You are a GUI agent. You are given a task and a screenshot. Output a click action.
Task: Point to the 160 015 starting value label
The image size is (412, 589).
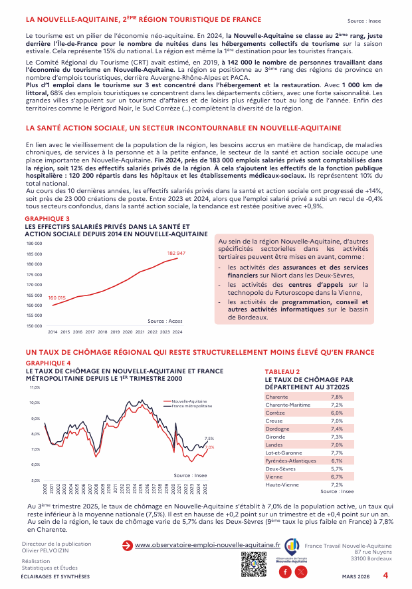point(57,297)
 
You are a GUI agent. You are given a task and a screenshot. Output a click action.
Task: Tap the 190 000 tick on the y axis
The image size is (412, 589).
point(34,244)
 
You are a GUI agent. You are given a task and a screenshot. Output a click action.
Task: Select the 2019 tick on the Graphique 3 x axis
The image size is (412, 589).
point(115,331)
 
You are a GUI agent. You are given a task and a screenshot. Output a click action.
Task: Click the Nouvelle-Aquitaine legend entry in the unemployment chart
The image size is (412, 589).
point(189,401)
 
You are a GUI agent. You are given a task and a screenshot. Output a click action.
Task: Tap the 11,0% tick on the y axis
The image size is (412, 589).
point(35,387)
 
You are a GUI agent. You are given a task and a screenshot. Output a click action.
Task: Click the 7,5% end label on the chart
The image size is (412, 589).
point(209,439)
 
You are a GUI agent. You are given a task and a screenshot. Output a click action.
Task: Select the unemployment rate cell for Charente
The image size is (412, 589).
point(337,396)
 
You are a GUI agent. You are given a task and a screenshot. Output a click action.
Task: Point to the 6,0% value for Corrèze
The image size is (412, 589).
point(337,413)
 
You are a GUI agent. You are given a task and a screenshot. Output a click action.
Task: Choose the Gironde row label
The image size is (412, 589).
point(275,437)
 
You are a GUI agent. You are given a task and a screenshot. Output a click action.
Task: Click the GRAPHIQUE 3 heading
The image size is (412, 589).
point(47,219)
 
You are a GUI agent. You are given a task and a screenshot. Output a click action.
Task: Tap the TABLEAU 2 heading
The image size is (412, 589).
point(282,371)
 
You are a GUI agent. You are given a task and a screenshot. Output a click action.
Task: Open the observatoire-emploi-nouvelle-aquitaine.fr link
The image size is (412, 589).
point(207,545)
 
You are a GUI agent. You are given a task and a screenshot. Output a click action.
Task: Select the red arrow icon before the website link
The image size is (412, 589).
point(127,545)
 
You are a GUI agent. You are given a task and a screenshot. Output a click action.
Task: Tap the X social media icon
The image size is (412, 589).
point(302,572)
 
